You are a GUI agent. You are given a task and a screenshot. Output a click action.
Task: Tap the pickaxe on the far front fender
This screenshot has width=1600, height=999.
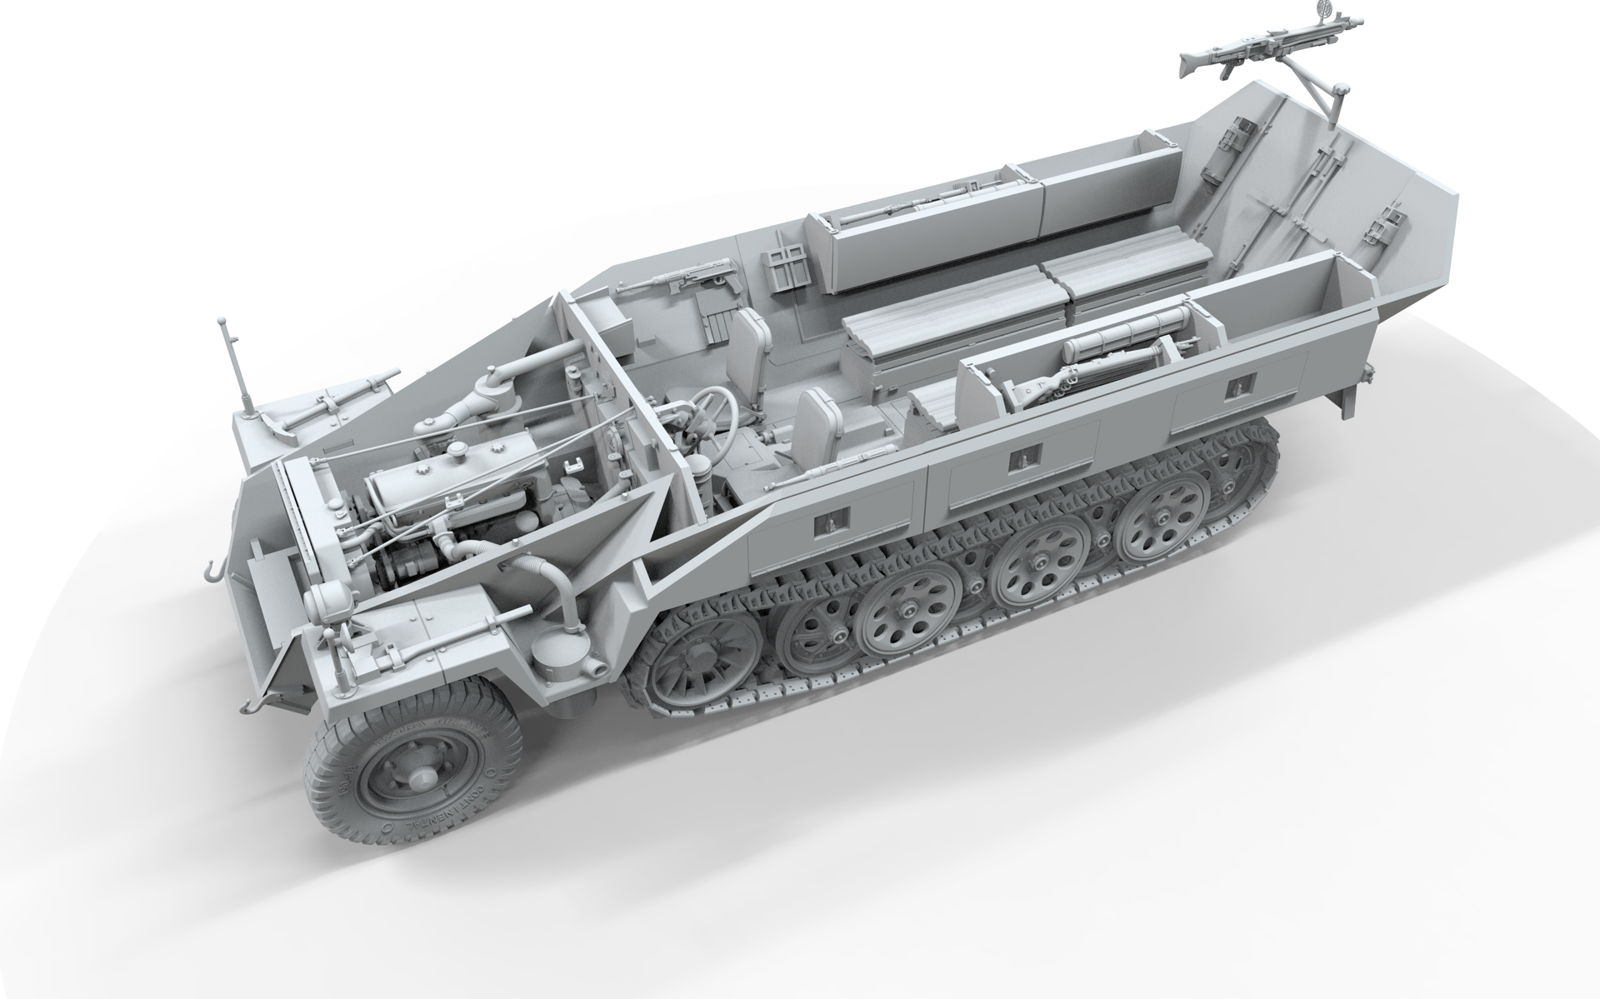(333, 400)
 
